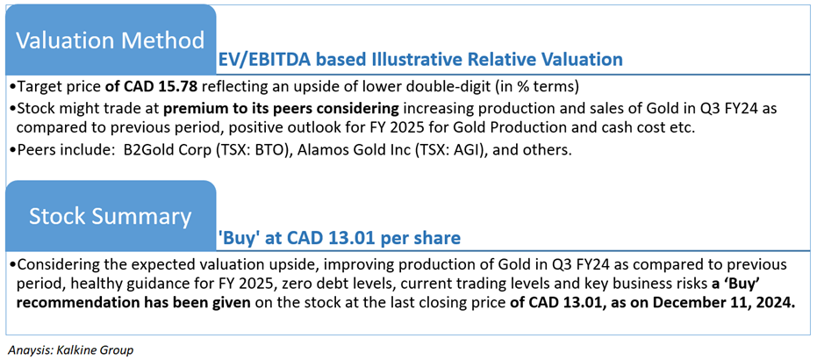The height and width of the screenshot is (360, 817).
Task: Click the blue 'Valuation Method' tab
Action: coord(111,40)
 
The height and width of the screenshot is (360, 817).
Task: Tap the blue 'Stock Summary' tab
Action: coord(111,216)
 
